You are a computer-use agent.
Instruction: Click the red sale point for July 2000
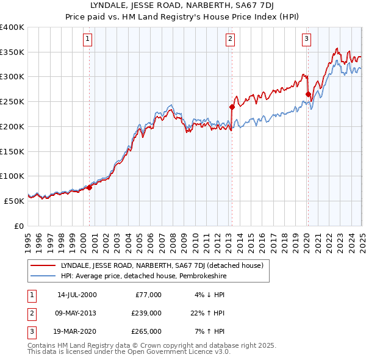click(x=89, y=187)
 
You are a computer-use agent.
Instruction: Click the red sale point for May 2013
click(x=232, y=107)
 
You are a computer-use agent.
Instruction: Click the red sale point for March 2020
click(x=308, y=94)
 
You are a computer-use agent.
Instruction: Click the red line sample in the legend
click(x=43, y=265)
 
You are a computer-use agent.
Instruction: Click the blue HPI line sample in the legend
click(x=43, y=275)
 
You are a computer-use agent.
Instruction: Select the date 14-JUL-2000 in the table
click(x=76, y=295)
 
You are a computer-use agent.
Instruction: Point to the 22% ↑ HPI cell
click(x=209, y=313)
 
